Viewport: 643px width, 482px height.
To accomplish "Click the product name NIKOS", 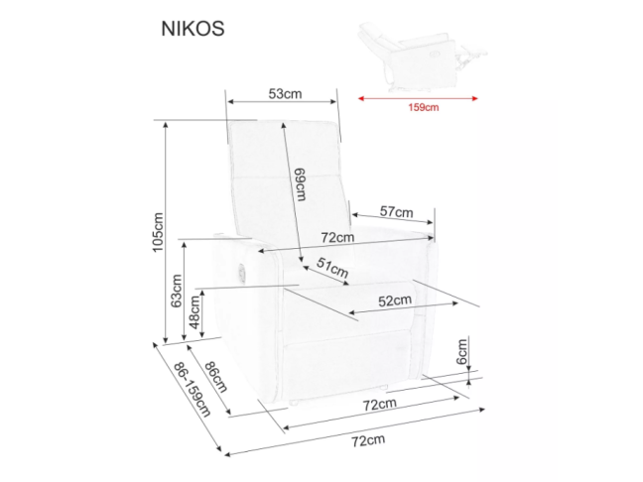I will (x=193, y=29).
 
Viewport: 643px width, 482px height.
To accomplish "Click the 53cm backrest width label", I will (x=285, y=94).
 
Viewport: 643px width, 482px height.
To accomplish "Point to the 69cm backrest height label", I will (x=299, y=184).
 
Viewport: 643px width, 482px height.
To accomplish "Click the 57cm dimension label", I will (x=396, y=211).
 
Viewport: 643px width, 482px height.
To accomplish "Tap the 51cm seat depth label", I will (x=332, y=268).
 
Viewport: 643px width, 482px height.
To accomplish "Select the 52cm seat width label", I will (x=394, y=301).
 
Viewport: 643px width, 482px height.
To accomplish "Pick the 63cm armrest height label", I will (x=176, y=291).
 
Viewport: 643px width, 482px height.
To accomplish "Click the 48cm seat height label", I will (x=195, y=313).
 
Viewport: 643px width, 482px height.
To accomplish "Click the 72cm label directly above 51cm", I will (x=337, y=238).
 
